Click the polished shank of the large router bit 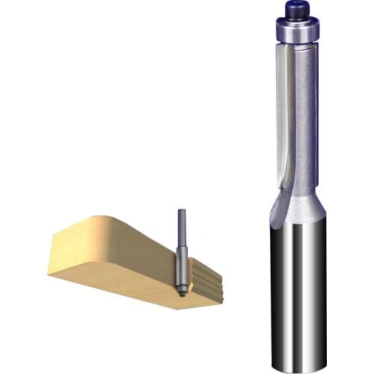(x=298, y=292)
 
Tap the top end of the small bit (x=180, y=211)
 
